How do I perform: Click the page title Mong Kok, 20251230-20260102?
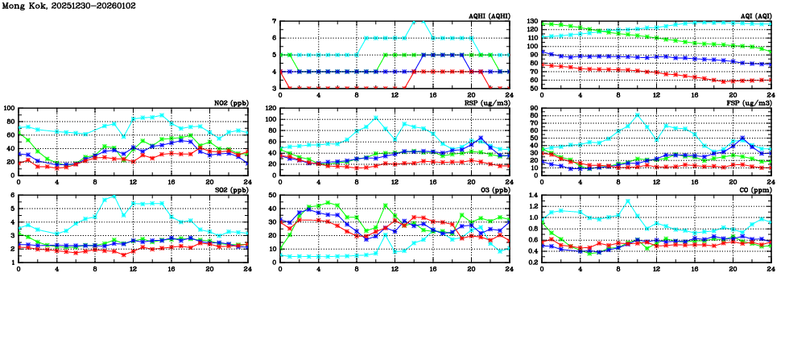pos(69,6)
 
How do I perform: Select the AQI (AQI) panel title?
pos(754,16)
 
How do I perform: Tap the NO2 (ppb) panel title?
pos(229,103)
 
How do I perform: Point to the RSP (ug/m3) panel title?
pos(489,103)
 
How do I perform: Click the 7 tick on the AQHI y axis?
pos(274,22)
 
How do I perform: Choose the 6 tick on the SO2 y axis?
pos(12,196)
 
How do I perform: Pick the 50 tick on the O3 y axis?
pos(272,196)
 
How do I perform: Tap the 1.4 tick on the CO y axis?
pos(532,196)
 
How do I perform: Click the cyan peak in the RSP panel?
pos(375,118)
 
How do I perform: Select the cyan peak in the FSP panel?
pos(638,114)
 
